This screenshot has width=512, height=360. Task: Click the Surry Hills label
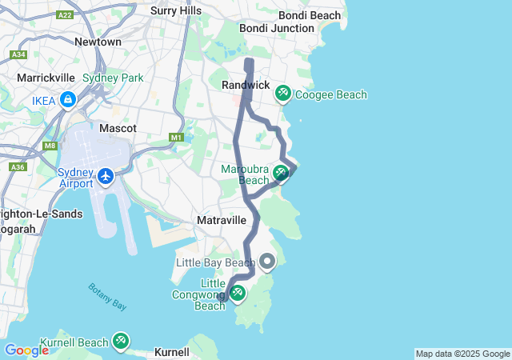point(176,11)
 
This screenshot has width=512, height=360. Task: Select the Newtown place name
point(98,42)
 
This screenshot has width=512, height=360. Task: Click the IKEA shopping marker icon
point(68,100)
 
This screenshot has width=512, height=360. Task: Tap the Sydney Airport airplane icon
point(106,174)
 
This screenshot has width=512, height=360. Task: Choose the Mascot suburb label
point(118,128)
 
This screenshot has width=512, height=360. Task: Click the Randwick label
point(246,85)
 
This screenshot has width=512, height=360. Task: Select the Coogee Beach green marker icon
point(282,94)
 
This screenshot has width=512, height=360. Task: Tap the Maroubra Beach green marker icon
point(281,172)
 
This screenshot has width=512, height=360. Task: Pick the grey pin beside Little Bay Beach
point(266,261)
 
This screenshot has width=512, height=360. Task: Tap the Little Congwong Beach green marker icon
point(237,294)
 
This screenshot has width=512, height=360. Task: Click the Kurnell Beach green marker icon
point(121,341)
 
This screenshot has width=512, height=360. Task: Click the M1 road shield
point(177,138)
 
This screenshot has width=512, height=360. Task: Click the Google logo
point(26,350)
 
